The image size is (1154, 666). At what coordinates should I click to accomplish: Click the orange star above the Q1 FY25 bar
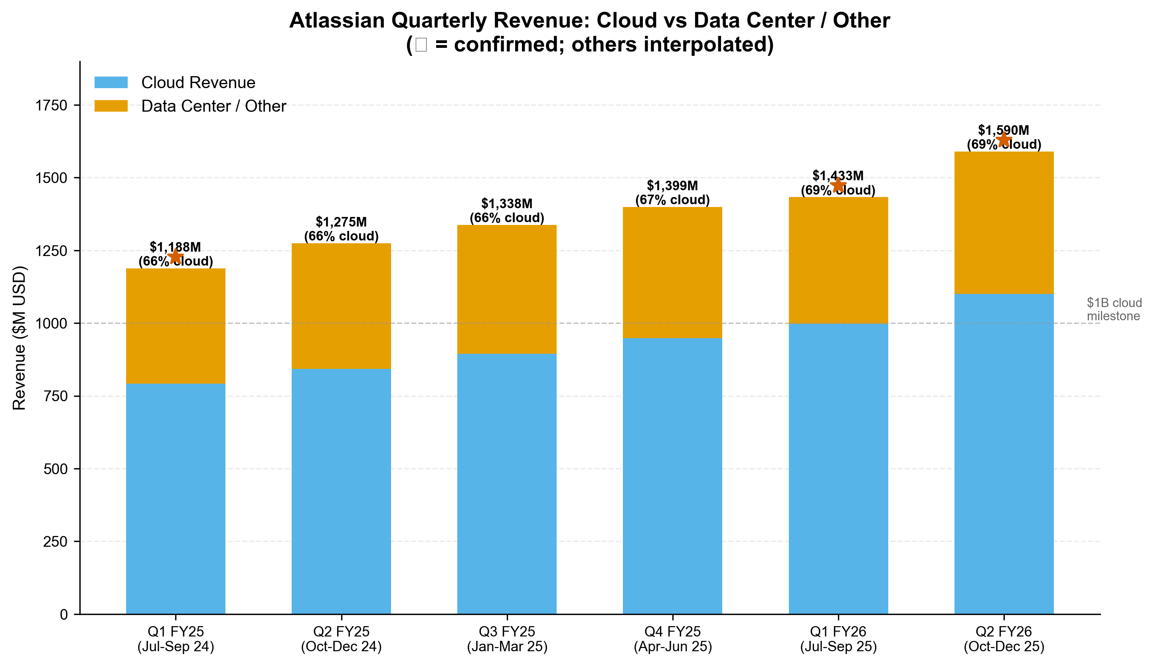pos(175,256)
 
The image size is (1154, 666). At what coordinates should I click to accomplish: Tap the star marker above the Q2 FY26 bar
pos(1004,139)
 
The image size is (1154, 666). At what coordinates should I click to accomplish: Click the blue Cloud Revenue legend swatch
pos(111,82)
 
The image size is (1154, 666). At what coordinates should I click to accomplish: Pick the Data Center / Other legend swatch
pos(111,106)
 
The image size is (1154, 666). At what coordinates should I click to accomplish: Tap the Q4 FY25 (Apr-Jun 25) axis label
pos(672,639)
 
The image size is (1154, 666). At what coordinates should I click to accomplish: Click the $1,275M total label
pos(341,222)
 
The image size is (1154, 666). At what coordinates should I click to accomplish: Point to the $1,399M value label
pos(672,186)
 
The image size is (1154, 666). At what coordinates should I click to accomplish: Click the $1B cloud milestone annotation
pos(1114,309)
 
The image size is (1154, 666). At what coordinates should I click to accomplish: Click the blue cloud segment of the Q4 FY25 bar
pos(672,476)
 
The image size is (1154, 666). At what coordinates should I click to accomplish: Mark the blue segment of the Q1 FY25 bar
pos(175,499)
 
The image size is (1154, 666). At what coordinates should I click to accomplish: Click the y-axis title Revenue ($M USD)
pos(19,337)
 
